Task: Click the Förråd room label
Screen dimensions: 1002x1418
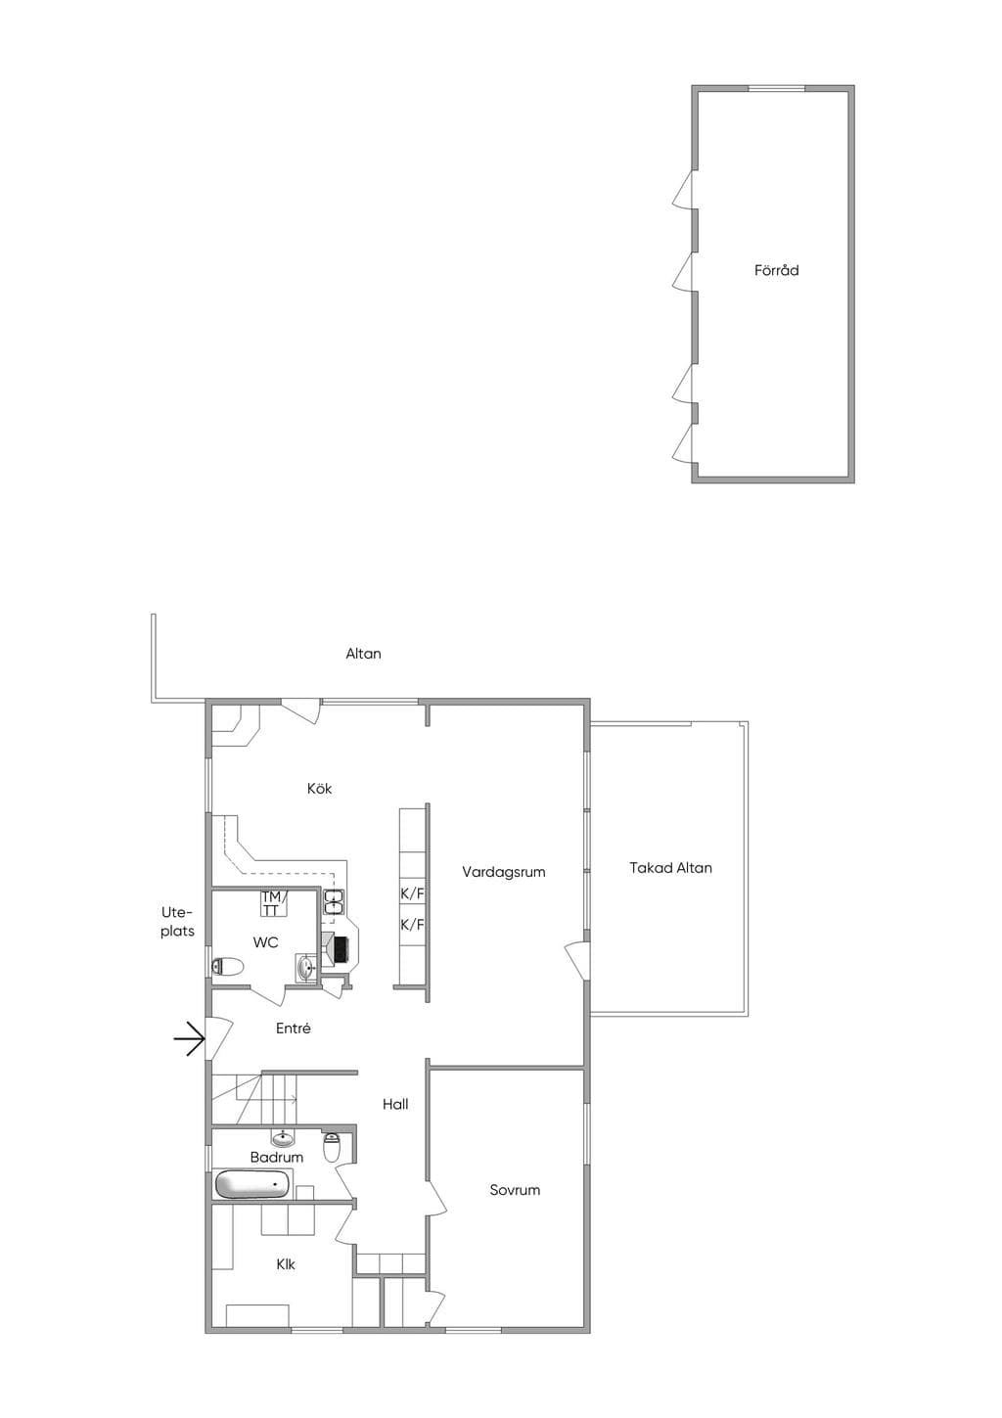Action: click(776, 270)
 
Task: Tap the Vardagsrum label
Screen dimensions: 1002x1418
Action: click(503, 872)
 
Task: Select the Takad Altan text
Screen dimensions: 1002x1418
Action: click(670, 867)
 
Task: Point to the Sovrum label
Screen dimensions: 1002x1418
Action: click(515, 1189)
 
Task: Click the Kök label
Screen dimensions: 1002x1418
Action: click(319, 788)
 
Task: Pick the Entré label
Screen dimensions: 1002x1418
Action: click(294, 1029)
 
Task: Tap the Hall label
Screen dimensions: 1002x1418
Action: click(395, 1104)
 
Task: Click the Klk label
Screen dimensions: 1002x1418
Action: click(286, 1264)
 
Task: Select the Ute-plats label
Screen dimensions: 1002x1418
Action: click(177, 922)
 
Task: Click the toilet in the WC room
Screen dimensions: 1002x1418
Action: click(227, 967)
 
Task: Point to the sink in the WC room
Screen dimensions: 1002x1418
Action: click(307, 967)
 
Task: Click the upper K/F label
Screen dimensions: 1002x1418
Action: click(412, 893)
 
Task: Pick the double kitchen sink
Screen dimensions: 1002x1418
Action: click(334, 901)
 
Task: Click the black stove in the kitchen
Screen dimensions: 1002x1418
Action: click(342, 947)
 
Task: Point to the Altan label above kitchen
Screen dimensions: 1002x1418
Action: click(363, 654)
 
